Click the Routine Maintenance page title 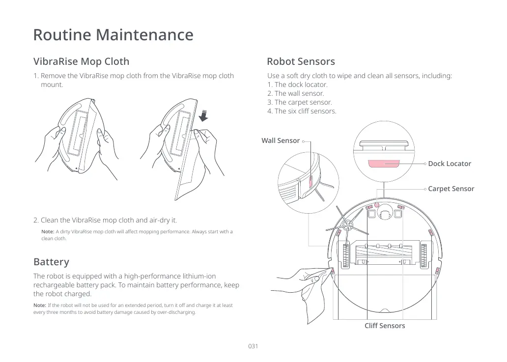point(113,35)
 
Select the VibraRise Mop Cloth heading point(81,61)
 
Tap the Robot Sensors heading point(301,61)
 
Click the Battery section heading point(51,262)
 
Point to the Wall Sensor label point(281,140)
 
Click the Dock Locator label point(450,164)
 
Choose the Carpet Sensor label point(451,189)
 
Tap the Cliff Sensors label point(385,326)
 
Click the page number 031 point(253,346)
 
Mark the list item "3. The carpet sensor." point(300,102)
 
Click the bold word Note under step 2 point(48,232)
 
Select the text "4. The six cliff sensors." point(302,111)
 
